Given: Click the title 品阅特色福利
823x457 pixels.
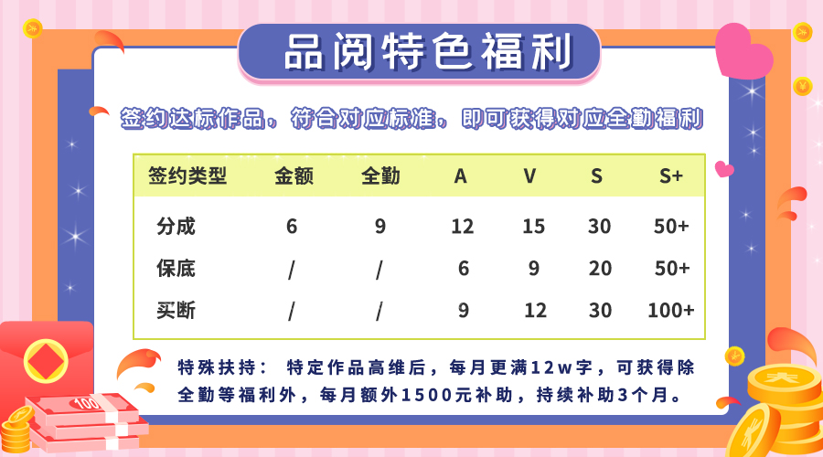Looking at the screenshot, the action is [427, 51].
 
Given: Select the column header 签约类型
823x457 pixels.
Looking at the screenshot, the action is [187, 175].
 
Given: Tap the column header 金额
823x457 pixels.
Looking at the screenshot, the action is [294, 175].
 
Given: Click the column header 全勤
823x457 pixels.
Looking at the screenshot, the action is [380, 175].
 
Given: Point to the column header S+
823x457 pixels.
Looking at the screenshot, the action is [671, 175].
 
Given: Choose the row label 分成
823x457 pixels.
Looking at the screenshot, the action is [176, 226].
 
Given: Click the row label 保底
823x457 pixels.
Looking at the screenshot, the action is [176, 268].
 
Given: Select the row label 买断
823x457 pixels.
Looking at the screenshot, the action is [176, 310].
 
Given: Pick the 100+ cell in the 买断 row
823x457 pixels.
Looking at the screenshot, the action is [671, 310].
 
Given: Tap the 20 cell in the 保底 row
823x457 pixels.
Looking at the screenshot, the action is [599, 268].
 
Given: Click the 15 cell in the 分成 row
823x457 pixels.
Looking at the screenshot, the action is [533, 226].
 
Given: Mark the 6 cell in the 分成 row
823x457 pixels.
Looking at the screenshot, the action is [292, 226].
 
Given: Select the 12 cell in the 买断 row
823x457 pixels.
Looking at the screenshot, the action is [535, 310].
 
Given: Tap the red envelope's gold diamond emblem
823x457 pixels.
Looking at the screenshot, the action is [47, 361].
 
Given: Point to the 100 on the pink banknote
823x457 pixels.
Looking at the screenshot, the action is [87, 403].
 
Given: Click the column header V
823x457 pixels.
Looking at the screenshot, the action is [530, 175].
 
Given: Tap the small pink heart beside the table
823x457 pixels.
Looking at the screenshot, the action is [724, 169].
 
